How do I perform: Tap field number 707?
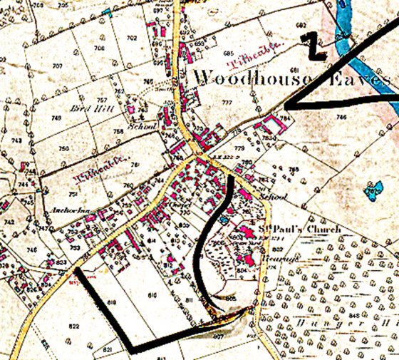coord(57,66)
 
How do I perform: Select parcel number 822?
coord(75,326)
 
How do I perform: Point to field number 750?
coord(63,148)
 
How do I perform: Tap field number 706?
coord(99,48)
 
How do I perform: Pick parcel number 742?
coord(9,223)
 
